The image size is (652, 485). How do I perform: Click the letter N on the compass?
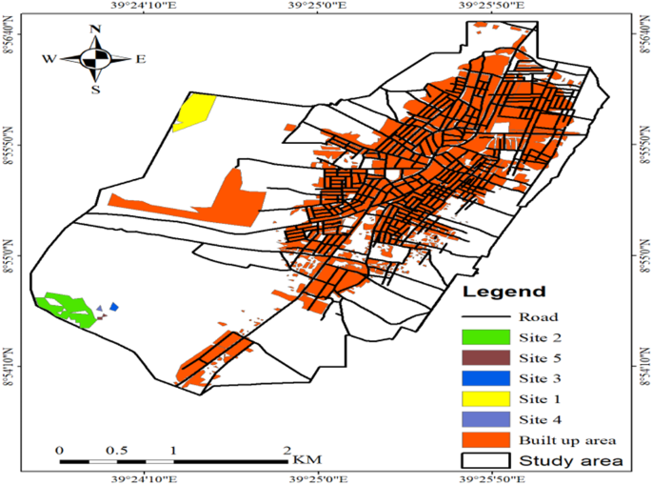(95, 30)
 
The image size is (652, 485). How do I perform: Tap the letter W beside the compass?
(49, 59)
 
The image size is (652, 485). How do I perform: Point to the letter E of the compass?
(140, 59)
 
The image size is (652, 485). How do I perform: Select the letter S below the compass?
(95, 90)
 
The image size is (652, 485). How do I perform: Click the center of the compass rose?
(95, 59)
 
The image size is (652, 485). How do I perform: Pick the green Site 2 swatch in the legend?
(484, 336)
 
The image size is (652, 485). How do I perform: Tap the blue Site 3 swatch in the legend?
(484, 378)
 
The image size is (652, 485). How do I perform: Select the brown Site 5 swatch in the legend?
(484, 357)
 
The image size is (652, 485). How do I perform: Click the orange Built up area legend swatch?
(484, 440)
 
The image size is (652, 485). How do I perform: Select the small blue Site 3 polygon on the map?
(114, 307)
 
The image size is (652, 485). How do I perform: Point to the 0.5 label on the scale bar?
(116, 450)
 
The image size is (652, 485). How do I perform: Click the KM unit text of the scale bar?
(306, 458)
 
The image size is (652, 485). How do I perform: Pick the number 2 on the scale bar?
(286, 450)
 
